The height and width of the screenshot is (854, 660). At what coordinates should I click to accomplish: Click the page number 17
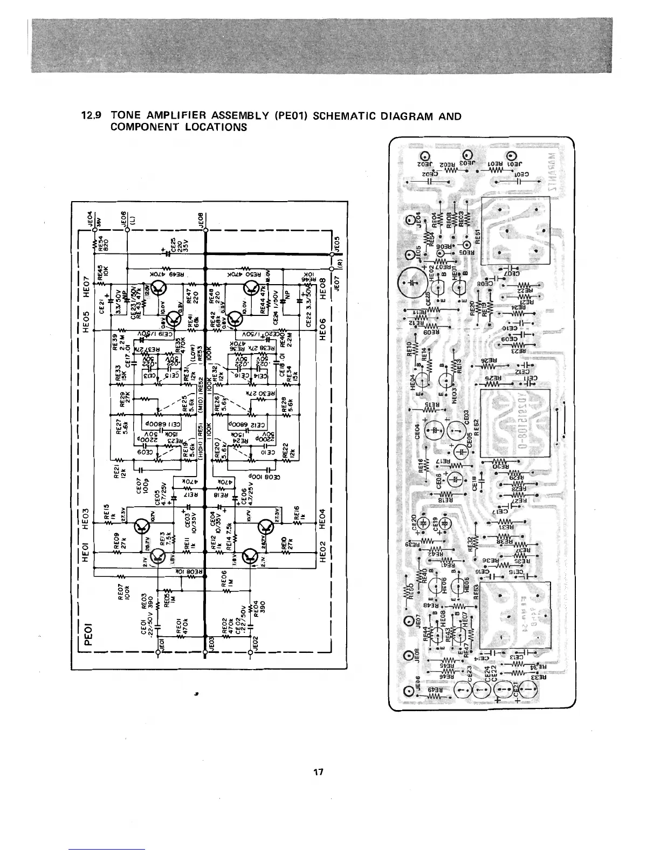pos(318,773)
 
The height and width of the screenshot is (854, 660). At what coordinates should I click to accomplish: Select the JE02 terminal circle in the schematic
pos(251,652)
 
